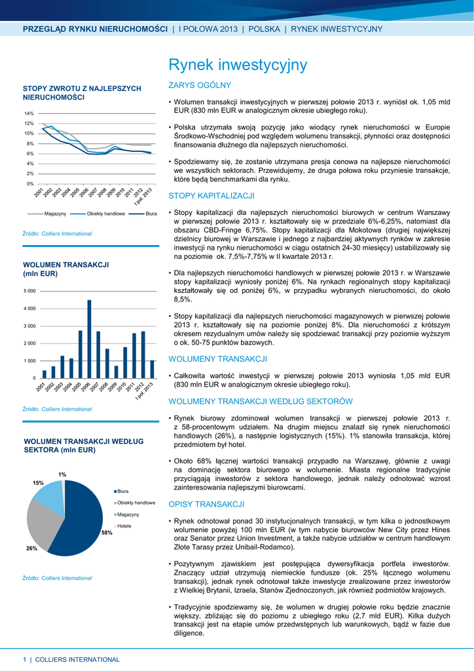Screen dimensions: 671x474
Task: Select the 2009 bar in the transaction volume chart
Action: point(117,372)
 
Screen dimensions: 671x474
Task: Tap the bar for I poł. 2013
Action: point(152,369)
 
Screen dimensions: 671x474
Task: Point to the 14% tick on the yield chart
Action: point(29,113)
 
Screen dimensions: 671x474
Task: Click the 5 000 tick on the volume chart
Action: point(30,290)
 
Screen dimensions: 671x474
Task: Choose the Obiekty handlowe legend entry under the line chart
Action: point(106,214)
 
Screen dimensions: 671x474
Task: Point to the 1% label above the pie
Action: point(62,474)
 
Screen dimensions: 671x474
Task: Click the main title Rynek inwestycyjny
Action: point(237,65)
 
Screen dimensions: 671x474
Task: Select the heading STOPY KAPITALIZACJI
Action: point(211,195)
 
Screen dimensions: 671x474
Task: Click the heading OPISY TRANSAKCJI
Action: point(206,504)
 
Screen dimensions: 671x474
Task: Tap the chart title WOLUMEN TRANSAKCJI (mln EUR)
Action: point(65,268)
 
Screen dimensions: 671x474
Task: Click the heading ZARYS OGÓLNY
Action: point(200,85)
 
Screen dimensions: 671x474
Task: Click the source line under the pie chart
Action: point(58,578)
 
